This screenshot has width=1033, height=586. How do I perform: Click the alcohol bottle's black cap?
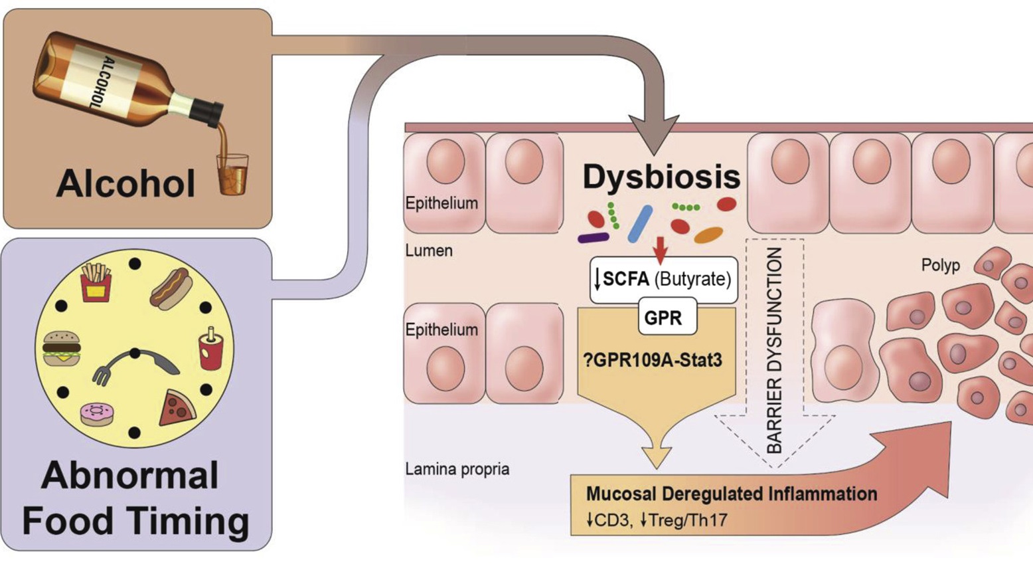pos(210,113)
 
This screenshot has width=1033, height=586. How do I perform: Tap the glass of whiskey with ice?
pos(232,174)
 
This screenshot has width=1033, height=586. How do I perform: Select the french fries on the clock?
pos(96,282)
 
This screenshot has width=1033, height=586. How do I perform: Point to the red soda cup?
pos(211,349)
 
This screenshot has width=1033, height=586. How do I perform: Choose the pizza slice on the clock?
pos(177,407)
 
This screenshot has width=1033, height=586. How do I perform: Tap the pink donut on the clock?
pos(97,414)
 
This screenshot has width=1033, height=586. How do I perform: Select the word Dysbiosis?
pos(661,177)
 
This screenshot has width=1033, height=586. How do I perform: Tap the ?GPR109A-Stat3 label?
pos(653,361)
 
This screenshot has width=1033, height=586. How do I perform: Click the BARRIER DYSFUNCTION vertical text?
pos(774,350)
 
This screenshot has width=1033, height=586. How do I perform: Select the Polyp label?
pos(940,265)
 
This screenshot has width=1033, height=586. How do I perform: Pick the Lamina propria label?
pos(457,469)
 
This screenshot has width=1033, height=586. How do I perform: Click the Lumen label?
pos(429,250)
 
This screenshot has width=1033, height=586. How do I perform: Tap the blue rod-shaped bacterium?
pos(640,224)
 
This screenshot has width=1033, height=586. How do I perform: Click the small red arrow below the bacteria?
pos(660,249)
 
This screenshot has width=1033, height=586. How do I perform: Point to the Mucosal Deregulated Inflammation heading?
pos(731,494)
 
